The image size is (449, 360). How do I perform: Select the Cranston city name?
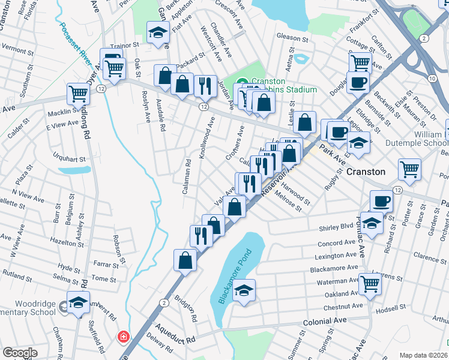click(366, 172)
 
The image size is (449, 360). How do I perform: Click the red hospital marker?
click(124, 337)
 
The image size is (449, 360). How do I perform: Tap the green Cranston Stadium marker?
click(243, 83)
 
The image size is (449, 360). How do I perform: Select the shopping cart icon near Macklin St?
click(79, 94)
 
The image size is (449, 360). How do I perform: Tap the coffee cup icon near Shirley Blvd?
click(380, 200)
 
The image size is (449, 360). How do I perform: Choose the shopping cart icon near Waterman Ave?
click(369, 283)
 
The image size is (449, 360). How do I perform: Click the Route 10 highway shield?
click(432, 78)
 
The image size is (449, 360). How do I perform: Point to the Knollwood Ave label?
click(207, 137)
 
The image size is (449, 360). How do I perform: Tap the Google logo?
click(20, 353)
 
